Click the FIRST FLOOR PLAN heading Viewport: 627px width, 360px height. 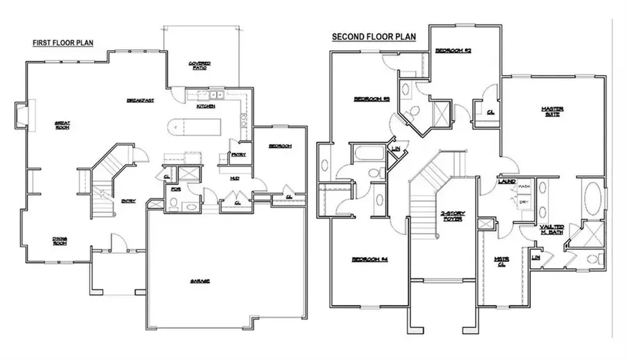click(x=63, y=43)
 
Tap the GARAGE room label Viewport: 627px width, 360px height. click(x=200, y=281)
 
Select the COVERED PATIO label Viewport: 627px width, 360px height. click(x=200, y=66)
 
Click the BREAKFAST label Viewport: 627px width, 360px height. click(x=140, y=101)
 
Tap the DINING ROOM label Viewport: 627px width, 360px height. click(x=59, y=242)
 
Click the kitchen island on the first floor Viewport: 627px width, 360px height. click(x=194, y=129)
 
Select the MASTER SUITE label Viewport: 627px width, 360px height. click(x=552, y=111)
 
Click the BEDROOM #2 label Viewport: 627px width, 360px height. click(x=454, y=52)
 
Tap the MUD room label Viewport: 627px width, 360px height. click(x=235, y=178)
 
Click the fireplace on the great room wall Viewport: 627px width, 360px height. click(x=22, y=116)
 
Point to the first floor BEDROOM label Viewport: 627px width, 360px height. click(x=279, y=146)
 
